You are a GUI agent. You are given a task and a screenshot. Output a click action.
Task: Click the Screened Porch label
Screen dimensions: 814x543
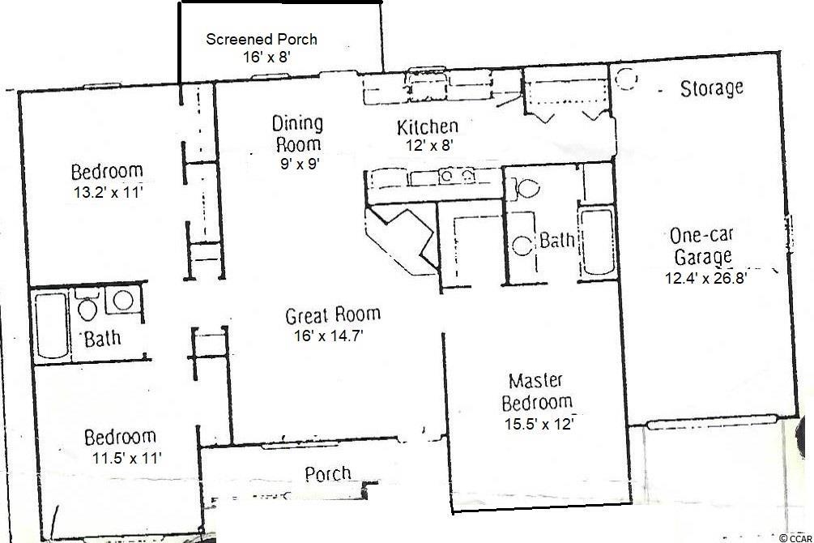pyautogui.click(x=261, y=39)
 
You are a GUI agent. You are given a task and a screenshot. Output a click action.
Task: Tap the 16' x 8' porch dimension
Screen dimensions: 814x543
pyautogui.click(x=266, y=57)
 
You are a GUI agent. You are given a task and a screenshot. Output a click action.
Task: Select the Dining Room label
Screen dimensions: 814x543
pyautogui.click(x=297, y=134)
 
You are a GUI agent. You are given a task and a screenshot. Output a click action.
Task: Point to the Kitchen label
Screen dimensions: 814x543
pyautogui.click(x=427, y=126)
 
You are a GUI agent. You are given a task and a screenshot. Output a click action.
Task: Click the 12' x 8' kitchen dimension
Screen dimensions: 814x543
pyautogui.click(x=430, y=145)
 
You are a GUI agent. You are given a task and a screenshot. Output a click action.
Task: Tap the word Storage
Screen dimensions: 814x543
pyautogui.click(x=711, y=88)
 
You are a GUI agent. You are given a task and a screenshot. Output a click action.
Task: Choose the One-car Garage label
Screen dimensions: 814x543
pyautogui.click(x=702, y=246)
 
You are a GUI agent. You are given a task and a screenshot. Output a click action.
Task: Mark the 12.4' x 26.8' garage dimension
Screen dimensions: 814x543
pyautogui.click(x=705, y=278)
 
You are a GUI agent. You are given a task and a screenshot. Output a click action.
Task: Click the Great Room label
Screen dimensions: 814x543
pyautogui.click(x=333, y=315)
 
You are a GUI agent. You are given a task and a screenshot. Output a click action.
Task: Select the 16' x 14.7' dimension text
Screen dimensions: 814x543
pyautogui.click(x=328, y=336)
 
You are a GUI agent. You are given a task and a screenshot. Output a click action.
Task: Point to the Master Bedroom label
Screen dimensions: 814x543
pyautogui.click(x=537, y=391)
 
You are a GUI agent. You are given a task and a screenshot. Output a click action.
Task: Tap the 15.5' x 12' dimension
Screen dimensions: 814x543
pyautogui.click(x=539, y=424)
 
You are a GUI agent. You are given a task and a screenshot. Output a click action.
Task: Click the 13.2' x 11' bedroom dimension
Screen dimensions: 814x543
pyautogui.click(x=108, y=193)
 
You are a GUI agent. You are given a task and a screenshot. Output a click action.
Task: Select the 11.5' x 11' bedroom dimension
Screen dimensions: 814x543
pyautogui.click(x=127, y=458)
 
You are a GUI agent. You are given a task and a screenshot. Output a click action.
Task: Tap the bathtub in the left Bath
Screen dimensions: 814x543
pyautogui.click(x=52, y=325)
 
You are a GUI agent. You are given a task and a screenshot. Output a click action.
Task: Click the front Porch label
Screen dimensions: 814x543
pyautogui.click(x=327, y=474)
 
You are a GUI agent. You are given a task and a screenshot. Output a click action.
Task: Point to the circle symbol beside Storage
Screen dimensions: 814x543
pyautogui.click(x=626, y=79)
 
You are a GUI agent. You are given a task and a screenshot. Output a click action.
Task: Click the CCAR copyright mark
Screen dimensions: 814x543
pyautogui.click(x=795, y=538)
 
